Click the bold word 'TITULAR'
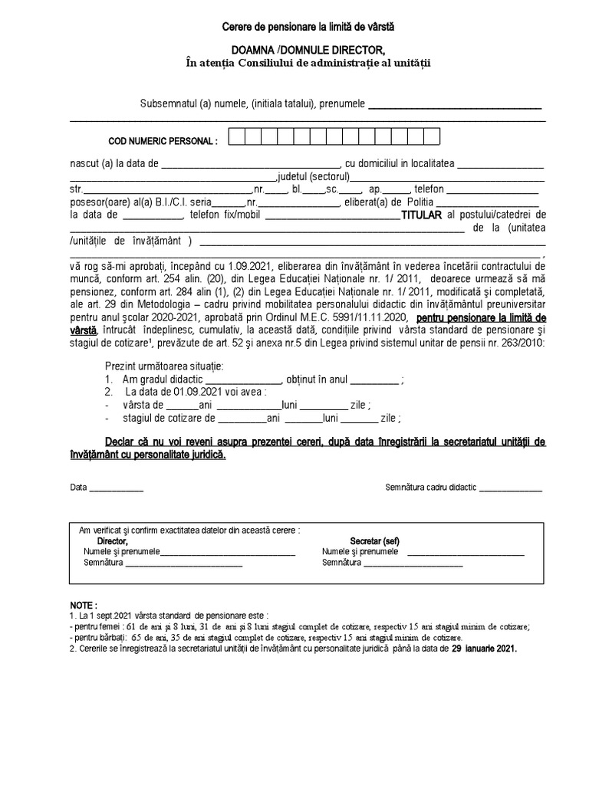point(422,215)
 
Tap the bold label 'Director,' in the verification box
point(107,541)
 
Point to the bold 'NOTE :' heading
point(84,605)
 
